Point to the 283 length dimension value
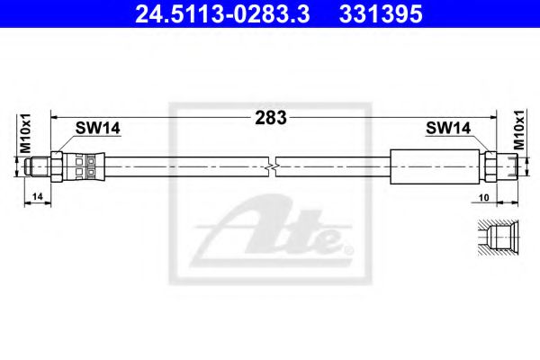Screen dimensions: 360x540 tap(271, 117)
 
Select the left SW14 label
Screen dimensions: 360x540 tap(96, 130)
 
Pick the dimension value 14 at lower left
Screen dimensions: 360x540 tap(35, 196)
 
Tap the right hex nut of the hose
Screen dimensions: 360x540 tap(490, 166)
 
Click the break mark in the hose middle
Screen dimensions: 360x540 tap(272, 166)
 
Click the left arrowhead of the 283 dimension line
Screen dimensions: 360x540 tap(54, 117)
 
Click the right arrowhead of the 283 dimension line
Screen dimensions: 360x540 tap(494, 117)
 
